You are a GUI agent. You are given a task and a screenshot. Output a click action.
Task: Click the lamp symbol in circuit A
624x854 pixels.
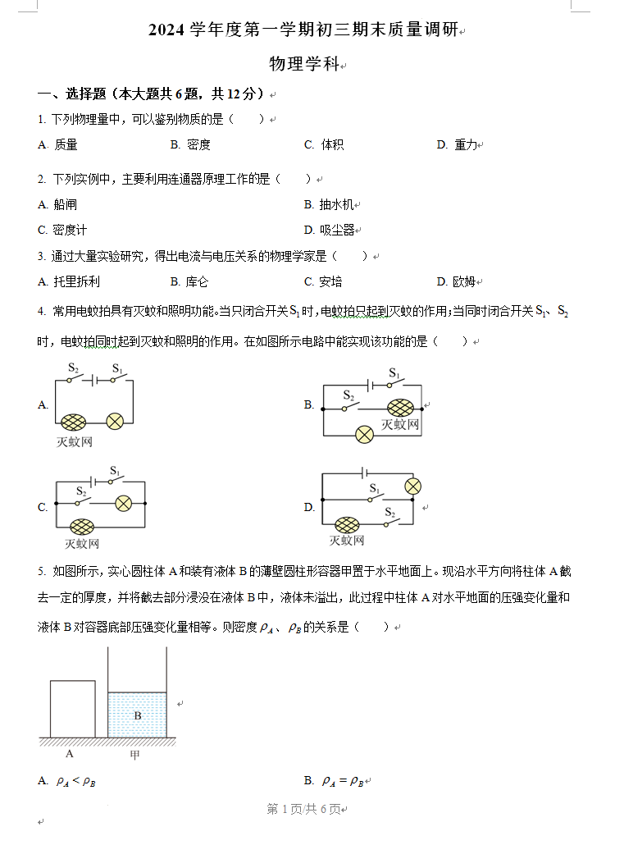coord(115,422)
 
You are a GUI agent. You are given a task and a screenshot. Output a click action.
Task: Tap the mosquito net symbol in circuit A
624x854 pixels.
coord(74,422)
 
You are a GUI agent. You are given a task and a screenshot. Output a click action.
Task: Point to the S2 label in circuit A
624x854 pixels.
coord(73,368)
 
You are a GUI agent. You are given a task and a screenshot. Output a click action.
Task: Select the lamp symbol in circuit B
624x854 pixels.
coord(364,435)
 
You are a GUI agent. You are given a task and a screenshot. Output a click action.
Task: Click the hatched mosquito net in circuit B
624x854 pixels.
coord(400,408)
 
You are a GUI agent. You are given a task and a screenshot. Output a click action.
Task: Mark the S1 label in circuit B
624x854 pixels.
coord(394,373)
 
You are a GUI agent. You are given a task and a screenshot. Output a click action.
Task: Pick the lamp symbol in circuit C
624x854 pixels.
coord(124,503)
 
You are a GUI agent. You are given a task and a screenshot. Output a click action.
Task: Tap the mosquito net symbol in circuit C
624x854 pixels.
coord(82,527)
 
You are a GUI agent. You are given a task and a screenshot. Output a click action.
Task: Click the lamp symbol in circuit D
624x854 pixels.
coord(413,486)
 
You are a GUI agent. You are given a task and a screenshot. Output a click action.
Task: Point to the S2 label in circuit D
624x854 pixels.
coord(389,513)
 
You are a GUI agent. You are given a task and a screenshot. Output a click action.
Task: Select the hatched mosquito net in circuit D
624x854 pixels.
coord(347,525)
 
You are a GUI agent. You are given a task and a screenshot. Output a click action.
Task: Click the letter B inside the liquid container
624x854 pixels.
coord(138,715)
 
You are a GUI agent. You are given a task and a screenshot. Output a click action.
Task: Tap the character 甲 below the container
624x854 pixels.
coord(134,755)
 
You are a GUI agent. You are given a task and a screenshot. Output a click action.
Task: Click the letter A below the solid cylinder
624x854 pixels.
coord(69,754)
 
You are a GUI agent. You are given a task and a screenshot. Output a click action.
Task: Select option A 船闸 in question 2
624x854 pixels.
coord(57,205)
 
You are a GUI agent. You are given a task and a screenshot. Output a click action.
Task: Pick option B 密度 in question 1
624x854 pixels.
coord(190,145)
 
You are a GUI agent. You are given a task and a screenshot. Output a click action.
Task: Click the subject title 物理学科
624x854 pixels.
coord(304,64)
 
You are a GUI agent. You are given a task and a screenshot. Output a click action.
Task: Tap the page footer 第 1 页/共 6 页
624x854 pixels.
coord(304,810)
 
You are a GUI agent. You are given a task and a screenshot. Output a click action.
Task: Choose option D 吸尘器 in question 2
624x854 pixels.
coord(330,231)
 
